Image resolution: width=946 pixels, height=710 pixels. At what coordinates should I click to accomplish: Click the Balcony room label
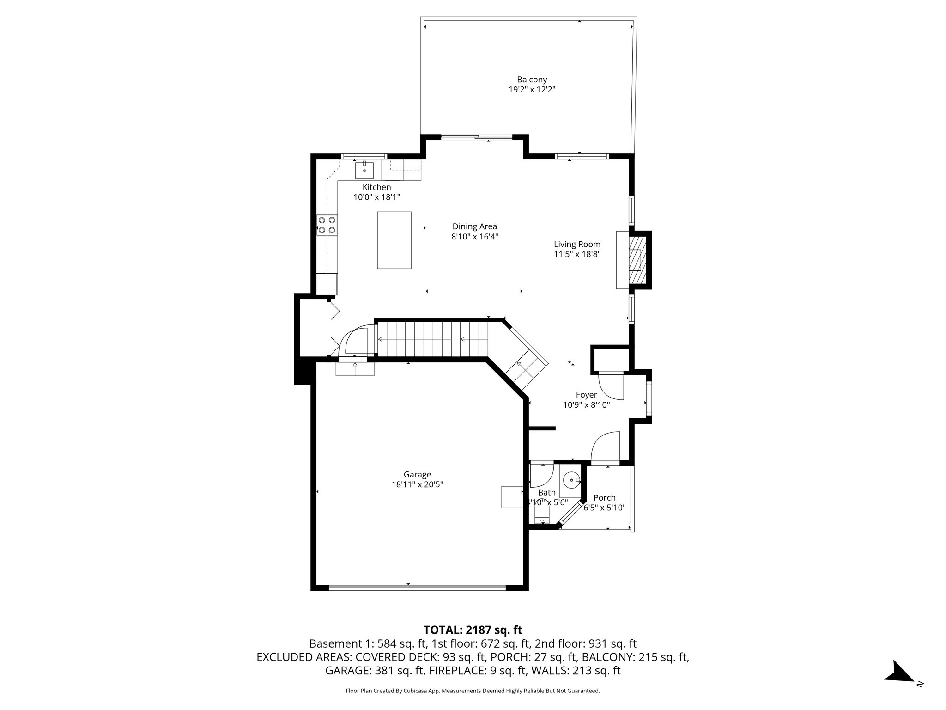tap(532, 80)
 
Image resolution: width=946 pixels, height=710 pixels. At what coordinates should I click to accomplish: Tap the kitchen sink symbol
tap(364, 170)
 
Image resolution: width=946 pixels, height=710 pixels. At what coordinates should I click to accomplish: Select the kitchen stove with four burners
tap(327, 225)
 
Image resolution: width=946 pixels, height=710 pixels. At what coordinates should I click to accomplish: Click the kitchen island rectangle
tap(394, 240)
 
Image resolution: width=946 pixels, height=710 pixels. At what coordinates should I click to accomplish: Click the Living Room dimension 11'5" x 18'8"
tap(577, 254)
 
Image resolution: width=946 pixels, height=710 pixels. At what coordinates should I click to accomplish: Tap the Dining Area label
tap(474, 226)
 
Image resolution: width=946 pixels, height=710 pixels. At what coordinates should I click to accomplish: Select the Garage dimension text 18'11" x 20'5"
tap(417, 484)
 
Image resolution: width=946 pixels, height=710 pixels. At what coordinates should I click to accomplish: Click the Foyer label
tap(586, 395)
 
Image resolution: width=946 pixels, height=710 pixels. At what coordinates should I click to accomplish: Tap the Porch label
tap(604, 498)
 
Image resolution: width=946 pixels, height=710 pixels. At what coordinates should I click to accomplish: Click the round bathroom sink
tap(572, 480)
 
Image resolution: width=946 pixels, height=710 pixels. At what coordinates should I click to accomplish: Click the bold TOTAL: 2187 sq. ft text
tap(473, 630)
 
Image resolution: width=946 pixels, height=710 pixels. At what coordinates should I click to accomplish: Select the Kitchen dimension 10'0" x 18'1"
tap(376, 197)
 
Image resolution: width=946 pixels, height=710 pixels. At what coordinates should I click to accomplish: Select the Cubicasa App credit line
tap(473, 691)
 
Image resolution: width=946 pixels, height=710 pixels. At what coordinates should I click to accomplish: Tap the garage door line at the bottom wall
tap(417, 588)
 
